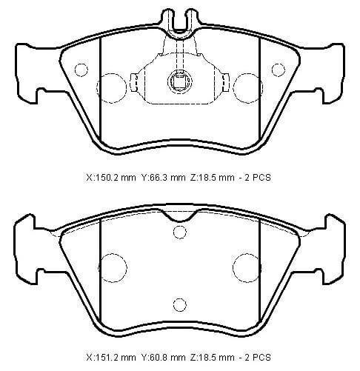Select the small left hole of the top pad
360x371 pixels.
[82, 70]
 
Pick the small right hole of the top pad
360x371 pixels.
[278, 70]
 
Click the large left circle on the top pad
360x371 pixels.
[112, 84]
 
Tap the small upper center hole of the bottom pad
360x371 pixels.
[179, 233]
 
